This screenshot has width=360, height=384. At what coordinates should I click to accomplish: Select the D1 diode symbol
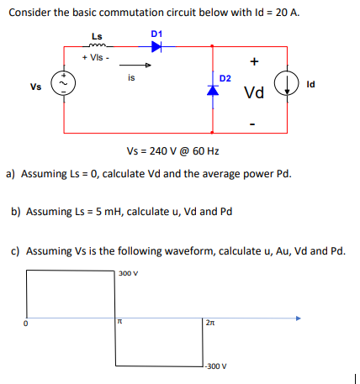156,46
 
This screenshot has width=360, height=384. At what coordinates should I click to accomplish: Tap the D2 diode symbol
212,91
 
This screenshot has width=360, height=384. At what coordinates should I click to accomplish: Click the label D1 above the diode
156,33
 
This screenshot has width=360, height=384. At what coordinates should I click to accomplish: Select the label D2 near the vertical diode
225,78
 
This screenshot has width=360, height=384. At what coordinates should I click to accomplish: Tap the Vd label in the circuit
255,92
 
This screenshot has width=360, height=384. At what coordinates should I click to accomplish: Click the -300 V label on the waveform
216,366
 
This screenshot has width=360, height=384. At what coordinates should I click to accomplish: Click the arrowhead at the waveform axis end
298,318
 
